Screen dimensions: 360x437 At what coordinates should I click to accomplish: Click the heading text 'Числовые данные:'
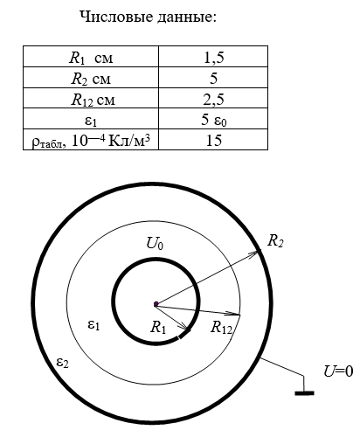tap(149, 17)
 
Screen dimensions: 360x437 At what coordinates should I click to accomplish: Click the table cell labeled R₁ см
tap(91, 58)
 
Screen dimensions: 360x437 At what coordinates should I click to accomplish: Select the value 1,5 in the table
tap(213, 57)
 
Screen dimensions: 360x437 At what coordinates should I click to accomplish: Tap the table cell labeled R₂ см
tap(91, 79)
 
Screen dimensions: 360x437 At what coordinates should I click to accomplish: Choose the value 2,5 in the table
tap(213, 100)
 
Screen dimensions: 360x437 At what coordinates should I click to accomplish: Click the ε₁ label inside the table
tap(91, 121)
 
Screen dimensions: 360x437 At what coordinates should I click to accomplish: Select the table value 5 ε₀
tap(213, 120)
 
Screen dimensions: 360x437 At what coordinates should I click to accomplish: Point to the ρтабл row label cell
tap(91, 141)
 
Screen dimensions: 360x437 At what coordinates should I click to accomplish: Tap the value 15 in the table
tap(214, 141)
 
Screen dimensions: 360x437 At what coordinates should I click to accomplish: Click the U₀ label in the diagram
tap(155, 244)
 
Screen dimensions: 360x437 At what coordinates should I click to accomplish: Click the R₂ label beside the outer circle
tap(275, 241)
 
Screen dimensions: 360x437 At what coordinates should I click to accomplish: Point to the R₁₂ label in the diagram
tap(221, 327)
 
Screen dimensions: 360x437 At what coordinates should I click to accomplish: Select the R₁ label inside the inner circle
tap(158, 327)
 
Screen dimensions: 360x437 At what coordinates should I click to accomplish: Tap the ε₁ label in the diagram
tap(93, 325)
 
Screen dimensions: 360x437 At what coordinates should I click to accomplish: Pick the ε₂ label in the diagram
tap(63, 363)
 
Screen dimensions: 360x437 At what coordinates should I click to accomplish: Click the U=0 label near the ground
tap(338, 371)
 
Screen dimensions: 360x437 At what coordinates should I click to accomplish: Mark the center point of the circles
tap(156, 304)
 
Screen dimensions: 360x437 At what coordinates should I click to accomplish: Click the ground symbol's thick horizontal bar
tap(304, 393)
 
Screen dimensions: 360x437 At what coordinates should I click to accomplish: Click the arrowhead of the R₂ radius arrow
tap(254, 253)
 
